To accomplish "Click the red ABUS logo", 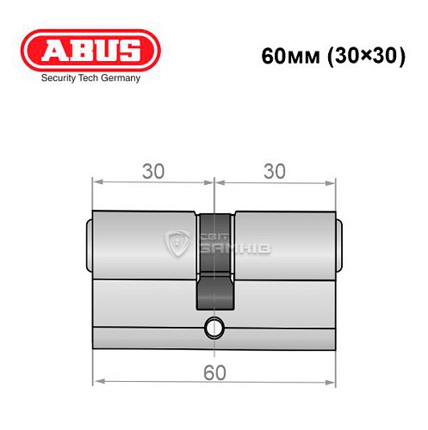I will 81,49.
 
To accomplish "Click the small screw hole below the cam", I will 214,327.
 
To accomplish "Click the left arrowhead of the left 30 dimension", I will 97,182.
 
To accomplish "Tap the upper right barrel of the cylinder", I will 282,245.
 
